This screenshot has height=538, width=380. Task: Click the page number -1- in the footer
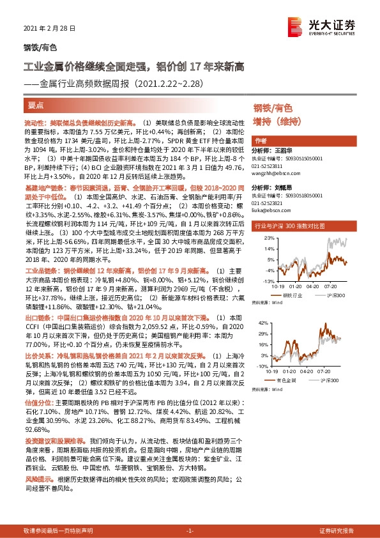pos(189,531)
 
